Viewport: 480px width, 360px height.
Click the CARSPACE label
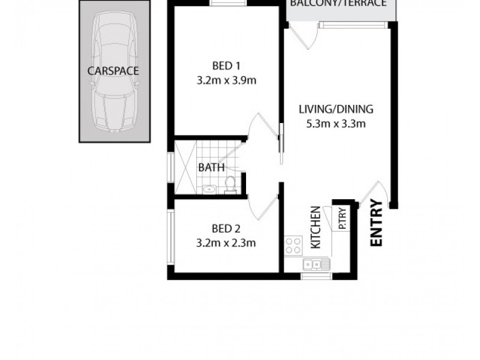pyautogui.click(x=113, y=71)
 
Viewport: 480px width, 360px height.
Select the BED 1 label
pyautogui.click(x=226, y=65)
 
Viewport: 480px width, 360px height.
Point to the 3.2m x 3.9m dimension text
pyautogui.click(x=226, y=80)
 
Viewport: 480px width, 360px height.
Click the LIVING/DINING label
pyautogui.click(x=336, y=109)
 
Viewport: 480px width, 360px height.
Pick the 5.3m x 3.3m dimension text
pyautogui.click(x=336, y=124)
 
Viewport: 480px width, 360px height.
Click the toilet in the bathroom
pyautogui.click(x=229, y=185)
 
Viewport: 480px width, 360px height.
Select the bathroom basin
pyautogui.click(x=208, y=190)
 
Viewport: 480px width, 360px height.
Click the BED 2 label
pyautogui.click(x=226, y=228)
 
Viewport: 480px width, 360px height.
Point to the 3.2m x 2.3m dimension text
pyautogui.click(x=226, y=243)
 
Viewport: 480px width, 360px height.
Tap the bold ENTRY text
pyautogui.click(x=377, y=223)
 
